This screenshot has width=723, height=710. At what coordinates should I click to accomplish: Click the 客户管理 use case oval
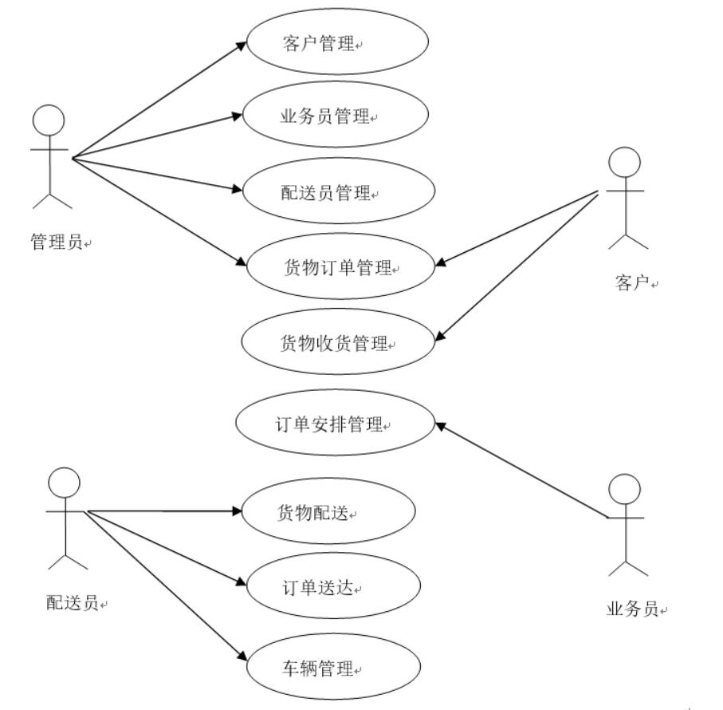[338, 42]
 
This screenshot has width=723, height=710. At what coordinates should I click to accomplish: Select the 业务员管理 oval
[336, 117]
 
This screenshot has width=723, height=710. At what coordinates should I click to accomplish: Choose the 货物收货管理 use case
[339, 343]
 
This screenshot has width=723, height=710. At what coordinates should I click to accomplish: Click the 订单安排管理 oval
[335, 424]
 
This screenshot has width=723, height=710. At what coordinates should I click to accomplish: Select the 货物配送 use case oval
[328, 513]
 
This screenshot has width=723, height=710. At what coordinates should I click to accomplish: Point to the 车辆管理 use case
[329, 667]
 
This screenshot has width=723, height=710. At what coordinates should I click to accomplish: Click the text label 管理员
[57, 243]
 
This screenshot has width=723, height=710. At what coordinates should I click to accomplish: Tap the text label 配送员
[73, 603]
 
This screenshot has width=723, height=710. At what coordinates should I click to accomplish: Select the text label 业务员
[633, 610]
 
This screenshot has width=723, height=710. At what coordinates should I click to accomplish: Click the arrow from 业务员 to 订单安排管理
[521, 471]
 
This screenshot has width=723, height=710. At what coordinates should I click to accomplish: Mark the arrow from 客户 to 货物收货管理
[518, 266]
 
